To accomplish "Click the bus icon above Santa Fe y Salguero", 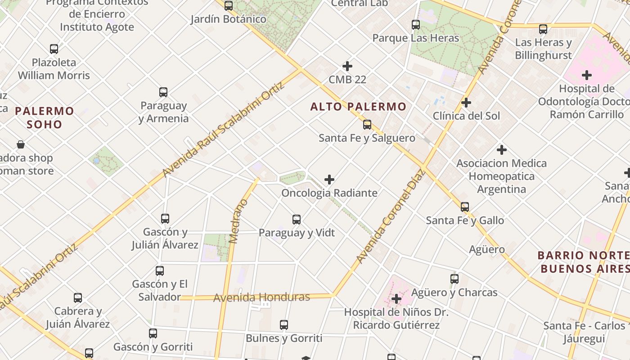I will pos(367,125).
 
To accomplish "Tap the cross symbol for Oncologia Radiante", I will pos(329,180).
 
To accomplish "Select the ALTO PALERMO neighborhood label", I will pos(358,107).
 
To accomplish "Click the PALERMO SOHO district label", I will pos(44,117).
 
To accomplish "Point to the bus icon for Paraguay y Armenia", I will pos(163,92).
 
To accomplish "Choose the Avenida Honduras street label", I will pos(261,297).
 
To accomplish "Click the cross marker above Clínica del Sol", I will pos(466,103).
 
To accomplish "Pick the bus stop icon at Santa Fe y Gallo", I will pos(465,207).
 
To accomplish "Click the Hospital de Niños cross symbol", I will pos(396,299).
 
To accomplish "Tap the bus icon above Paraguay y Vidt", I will pos(297,220).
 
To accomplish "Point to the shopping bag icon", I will pos(21,144).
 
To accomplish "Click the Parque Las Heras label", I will pos(415,38).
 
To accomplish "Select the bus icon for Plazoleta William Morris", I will pos(54,49).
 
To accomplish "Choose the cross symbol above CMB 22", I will pos(347,66).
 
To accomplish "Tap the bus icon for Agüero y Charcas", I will pos(454,279).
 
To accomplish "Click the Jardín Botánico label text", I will pos(228,19).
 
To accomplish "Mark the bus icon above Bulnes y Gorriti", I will pos(284,325).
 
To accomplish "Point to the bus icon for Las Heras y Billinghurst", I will pos(543,29).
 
